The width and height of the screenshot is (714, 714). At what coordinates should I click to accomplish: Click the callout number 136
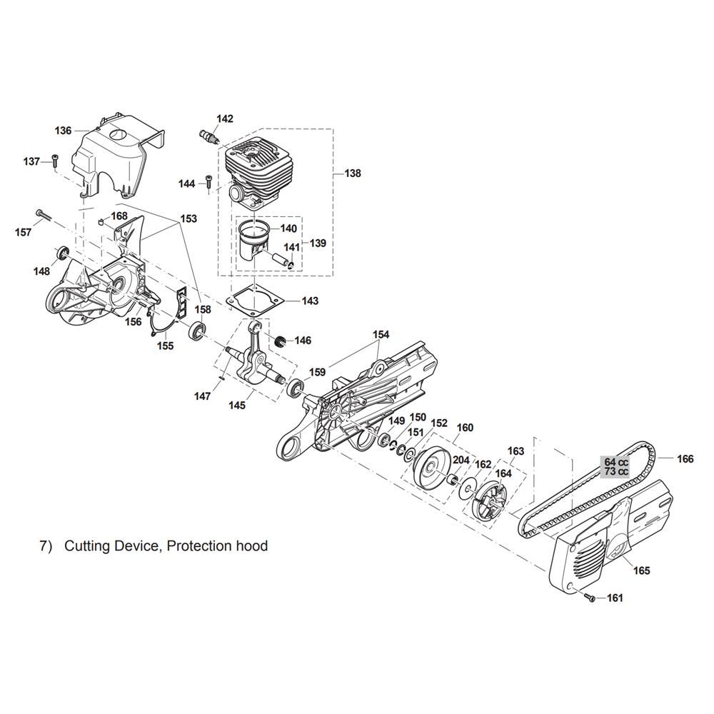[x=64, y=131]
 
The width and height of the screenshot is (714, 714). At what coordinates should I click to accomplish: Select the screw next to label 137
[x=56, y=161]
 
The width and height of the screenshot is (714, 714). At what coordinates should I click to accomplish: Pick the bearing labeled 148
[x=62, y=253]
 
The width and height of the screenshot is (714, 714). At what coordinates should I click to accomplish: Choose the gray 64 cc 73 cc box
[x=617, y=466]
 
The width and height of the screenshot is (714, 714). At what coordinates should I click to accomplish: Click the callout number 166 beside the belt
[x=685, y=459]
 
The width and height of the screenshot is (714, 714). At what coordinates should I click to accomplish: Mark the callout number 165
[x=642, y=570]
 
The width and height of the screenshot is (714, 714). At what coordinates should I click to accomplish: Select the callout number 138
[x=353, y=174]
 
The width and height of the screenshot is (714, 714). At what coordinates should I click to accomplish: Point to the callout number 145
[x=237, y=405]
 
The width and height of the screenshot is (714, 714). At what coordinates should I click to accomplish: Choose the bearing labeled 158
[x=196, y=330]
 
